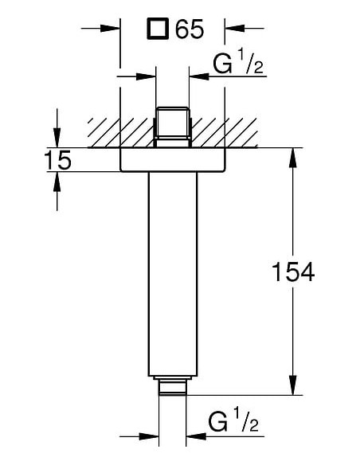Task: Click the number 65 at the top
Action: click(x=190, y=29)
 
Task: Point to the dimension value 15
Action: click(x=57, y=160)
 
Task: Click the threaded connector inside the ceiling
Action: click(x=171, y=125)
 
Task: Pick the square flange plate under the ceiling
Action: click(x=171, y=159)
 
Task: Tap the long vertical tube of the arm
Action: click(x=171, y=271)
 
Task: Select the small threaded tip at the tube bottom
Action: click(x=171, y=388)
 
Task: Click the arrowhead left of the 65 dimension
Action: click(x=111, y=29)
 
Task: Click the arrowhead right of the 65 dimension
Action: click(x=233, y=29)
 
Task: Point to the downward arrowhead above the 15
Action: click(x=57, y=140)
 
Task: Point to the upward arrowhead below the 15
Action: click(x=57, y=179)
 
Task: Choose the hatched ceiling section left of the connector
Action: click(x=119, y=131)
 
